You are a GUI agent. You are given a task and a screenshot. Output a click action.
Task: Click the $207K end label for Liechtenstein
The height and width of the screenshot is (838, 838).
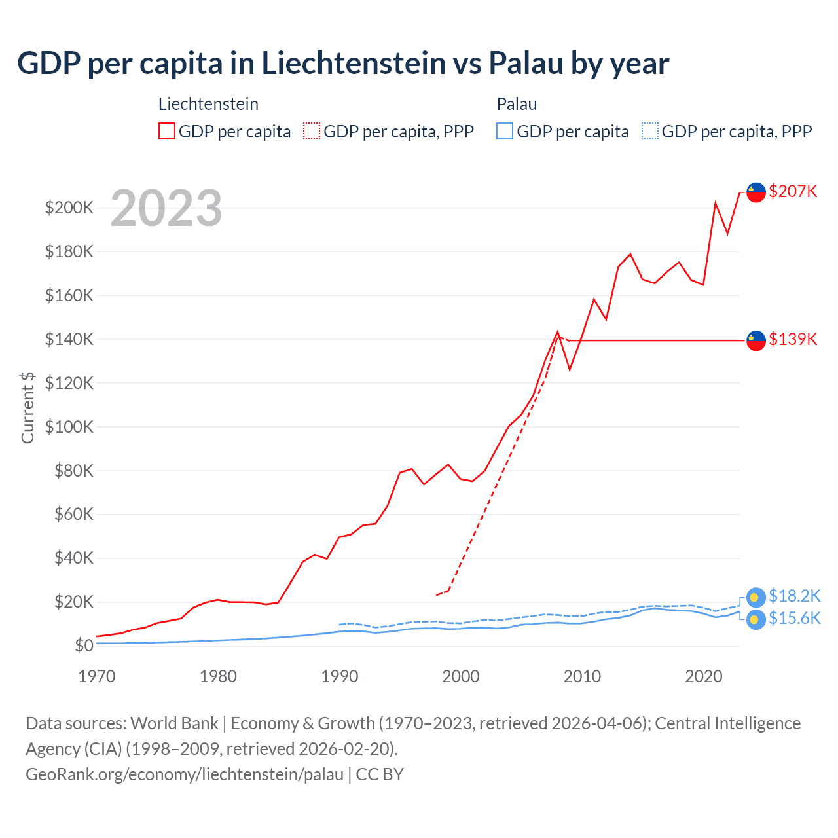click(x=793, y=191)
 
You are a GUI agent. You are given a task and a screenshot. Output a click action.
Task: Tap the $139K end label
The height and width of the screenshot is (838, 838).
click(x=793, y=339)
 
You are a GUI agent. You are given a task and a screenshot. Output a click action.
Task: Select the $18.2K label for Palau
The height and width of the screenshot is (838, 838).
click(x=794, y=596)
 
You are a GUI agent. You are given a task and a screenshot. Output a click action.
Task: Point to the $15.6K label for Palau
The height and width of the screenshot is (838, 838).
click(x=794, y=618)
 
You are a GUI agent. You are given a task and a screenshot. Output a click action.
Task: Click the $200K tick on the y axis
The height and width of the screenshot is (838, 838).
click(x=69, y=208)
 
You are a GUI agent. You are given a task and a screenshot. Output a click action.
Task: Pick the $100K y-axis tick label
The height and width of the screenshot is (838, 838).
click(x=69, y=427)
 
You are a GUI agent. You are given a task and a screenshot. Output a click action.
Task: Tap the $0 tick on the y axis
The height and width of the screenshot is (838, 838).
click(x=84, y=646)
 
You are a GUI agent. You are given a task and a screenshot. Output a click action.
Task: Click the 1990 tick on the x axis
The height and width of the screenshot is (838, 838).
click(x=339, y=676)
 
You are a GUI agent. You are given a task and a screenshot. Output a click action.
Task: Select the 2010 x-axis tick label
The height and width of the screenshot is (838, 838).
click(x=582, y=676)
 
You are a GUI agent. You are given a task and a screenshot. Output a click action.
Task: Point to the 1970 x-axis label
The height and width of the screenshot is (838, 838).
click(x=97, y=676)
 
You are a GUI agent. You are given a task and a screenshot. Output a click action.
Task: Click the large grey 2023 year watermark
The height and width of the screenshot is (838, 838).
click(x=166, y=208)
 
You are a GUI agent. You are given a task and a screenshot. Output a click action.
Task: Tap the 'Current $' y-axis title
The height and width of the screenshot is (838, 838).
click(x=27, y=407)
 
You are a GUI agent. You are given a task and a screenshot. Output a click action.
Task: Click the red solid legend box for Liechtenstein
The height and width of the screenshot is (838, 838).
click(x=167, y=131)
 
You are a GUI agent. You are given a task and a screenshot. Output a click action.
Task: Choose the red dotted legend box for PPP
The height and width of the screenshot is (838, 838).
click(x=312, y=131)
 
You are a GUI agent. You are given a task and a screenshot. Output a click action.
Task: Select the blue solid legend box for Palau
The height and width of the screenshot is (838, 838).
click(x=505, y=131)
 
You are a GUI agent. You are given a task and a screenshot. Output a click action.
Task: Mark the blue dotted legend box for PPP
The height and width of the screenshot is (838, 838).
click(x=650, y=131)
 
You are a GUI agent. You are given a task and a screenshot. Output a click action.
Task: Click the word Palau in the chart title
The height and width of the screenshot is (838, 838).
click(x=526, y=64)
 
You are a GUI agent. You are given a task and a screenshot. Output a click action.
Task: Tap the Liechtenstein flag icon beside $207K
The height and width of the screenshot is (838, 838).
click(x=756, y=192)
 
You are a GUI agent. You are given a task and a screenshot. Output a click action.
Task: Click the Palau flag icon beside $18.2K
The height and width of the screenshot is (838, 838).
click(x=756, y=597)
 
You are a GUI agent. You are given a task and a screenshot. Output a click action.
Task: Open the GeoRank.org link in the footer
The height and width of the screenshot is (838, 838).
click(x=185, y=774)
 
